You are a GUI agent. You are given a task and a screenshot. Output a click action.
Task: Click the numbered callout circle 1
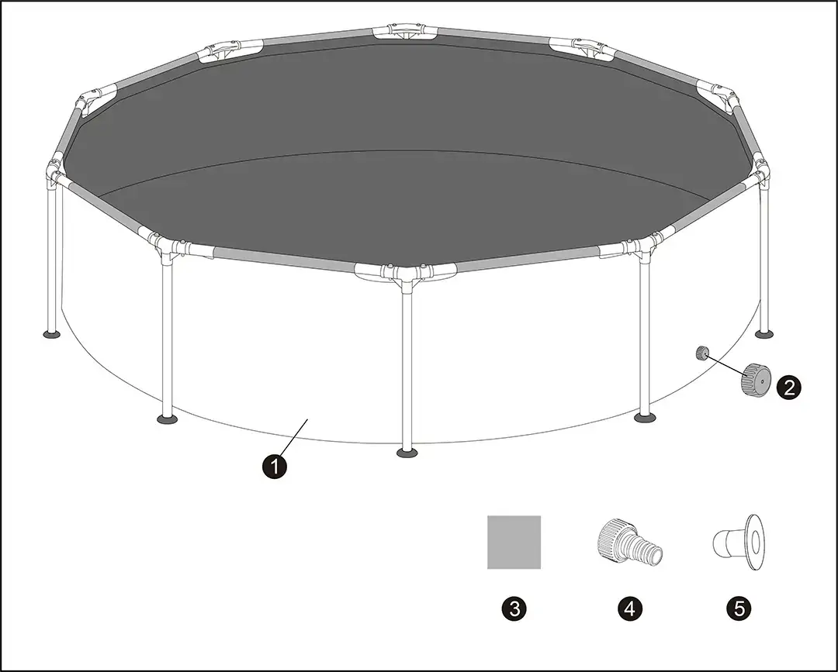[275, 467]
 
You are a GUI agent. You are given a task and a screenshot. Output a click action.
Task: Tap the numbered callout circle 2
[789, 387]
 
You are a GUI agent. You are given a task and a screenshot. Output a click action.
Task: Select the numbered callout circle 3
[514, 609]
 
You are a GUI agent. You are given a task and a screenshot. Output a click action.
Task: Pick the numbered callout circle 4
[629, 609]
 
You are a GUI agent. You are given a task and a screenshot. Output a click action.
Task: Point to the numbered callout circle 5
[739, 609]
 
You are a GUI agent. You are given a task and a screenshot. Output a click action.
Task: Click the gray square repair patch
[514, 543]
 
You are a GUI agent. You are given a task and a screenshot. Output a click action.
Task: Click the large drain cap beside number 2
[753, 379]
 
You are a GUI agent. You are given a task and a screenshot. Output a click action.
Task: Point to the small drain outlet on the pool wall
[701, 353]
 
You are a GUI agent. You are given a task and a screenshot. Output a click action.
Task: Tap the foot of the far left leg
[51, 335]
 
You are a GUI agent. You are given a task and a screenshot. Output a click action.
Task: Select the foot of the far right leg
[764, 334]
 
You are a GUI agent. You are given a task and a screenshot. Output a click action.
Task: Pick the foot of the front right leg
[646, 418]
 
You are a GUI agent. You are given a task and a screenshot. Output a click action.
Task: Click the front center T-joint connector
[406, 274]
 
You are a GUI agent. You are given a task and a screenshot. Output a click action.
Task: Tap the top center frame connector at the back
[404, 31]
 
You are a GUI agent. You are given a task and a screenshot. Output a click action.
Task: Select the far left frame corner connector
[54, 172]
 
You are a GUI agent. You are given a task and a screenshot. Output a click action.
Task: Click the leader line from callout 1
[293, 436]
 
